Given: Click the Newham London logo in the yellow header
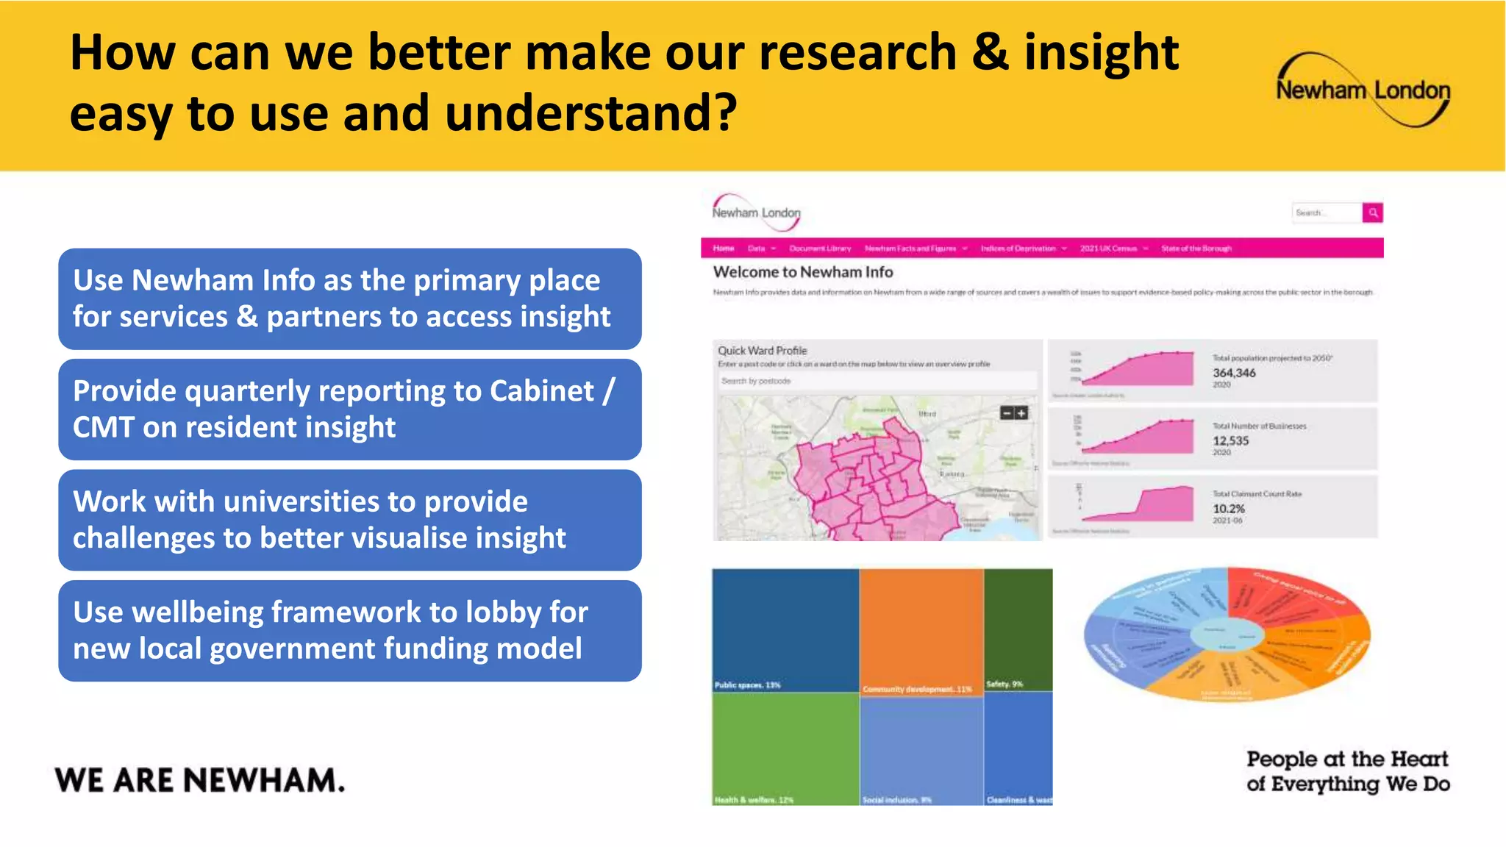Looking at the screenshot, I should pyautogui.click(x=1363, y=90).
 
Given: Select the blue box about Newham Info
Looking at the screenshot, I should pyautogui.click(x=349, y=299).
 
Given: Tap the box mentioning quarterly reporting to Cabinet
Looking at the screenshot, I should pyautogui.click(x=349, y=409).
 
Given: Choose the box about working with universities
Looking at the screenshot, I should pyautogui.click(x=349, y=520).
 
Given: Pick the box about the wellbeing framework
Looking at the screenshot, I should pyautogui.click(x=349, y=630).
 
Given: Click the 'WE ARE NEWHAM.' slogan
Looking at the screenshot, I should pyautogui.click(x=199, y=780).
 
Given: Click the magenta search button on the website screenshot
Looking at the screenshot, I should pyautogui.click(x=1372, y=212).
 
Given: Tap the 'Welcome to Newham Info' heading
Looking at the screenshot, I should pyautogui.click(x=802, y=272).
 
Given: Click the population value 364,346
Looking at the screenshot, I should pyautogui.click(x=1234, y=373).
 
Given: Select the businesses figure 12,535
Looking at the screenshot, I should pyautogui.click(x=1230, y=440).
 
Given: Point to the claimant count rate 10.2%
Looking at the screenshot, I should pyautogui.click(x=1228, y=508).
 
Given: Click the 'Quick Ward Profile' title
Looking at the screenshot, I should pyautogui.click(x=762, y=351).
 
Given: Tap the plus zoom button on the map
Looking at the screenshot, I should pyautogui.click(x=1021, y=413).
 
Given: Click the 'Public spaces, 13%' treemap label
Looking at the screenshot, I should pyautogui.click(x=747, y=685).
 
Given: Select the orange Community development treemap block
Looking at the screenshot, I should pyautogui.click(x=921, y=629).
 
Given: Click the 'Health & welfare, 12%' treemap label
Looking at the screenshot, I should pyautogui.click(x=754, y=799).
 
